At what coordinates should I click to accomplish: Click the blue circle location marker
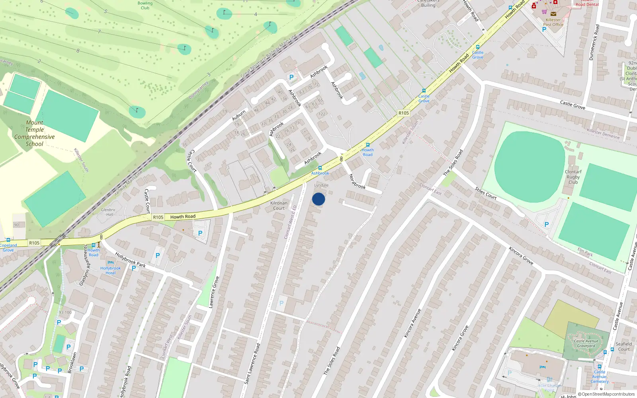318,199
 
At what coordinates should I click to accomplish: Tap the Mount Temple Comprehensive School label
35,133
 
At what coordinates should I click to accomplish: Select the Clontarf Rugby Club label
573,177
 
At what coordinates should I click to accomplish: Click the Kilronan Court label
279,205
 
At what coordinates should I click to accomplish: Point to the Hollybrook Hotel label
110,270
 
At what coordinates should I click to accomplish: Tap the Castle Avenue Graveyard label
586,343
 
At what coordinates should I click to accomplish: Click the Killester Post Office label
553,22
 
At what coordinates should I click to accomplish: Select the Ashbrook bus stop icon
320,168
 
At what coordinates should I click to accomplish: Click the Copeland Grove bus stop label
8,248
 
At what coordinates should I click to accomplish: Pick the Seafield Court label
623,346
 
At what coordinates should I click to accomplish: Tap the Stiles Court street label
486,193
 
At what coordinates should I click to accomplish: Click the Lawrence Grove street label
214,292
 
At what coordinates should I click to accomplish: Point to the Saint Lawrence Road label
252,364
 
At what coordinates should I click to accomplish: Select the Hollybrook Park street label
130,259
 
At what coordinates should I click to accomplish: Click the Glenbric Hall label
108,212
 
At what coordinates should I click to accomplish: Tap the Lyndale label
321,185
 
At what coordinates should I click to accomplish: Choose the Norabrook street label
357,181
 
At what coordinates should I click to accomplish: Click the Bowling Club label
145,5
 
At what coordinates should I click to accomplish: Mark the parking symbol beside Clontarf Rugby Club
546,224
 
